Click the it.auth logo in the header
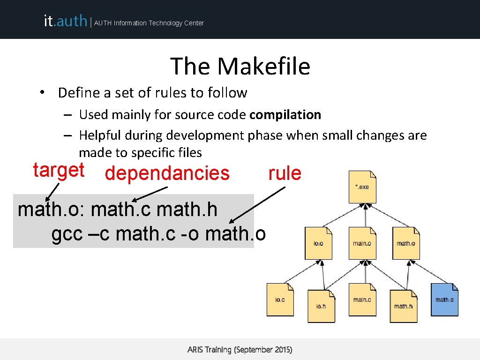tap(65, 21)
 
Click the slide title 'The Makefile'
tap(240, 66)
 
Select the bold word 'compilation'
tap(285, 115)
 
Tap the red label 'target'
tap(59, 170)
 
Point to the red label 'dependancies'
tap(167, 173)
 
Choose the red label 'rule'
tap(285, 173)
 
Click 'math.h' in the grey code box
tap(187, 210)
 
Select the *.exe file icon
tap(362, 187)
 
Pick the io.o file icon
tap(318, 243)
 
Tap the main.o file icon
tap(362, 243)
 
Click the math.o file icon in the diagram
tap(406, 243)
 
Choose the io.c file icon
tap(280, 300)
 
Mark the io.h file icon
tap(321, 306)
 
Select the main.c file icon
tap(362, 300)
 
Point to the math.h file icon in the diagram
tap(404, 306)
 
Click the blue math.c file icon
tap(444, 300)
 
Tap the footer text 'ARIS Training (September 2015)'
tap(240, 350)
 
